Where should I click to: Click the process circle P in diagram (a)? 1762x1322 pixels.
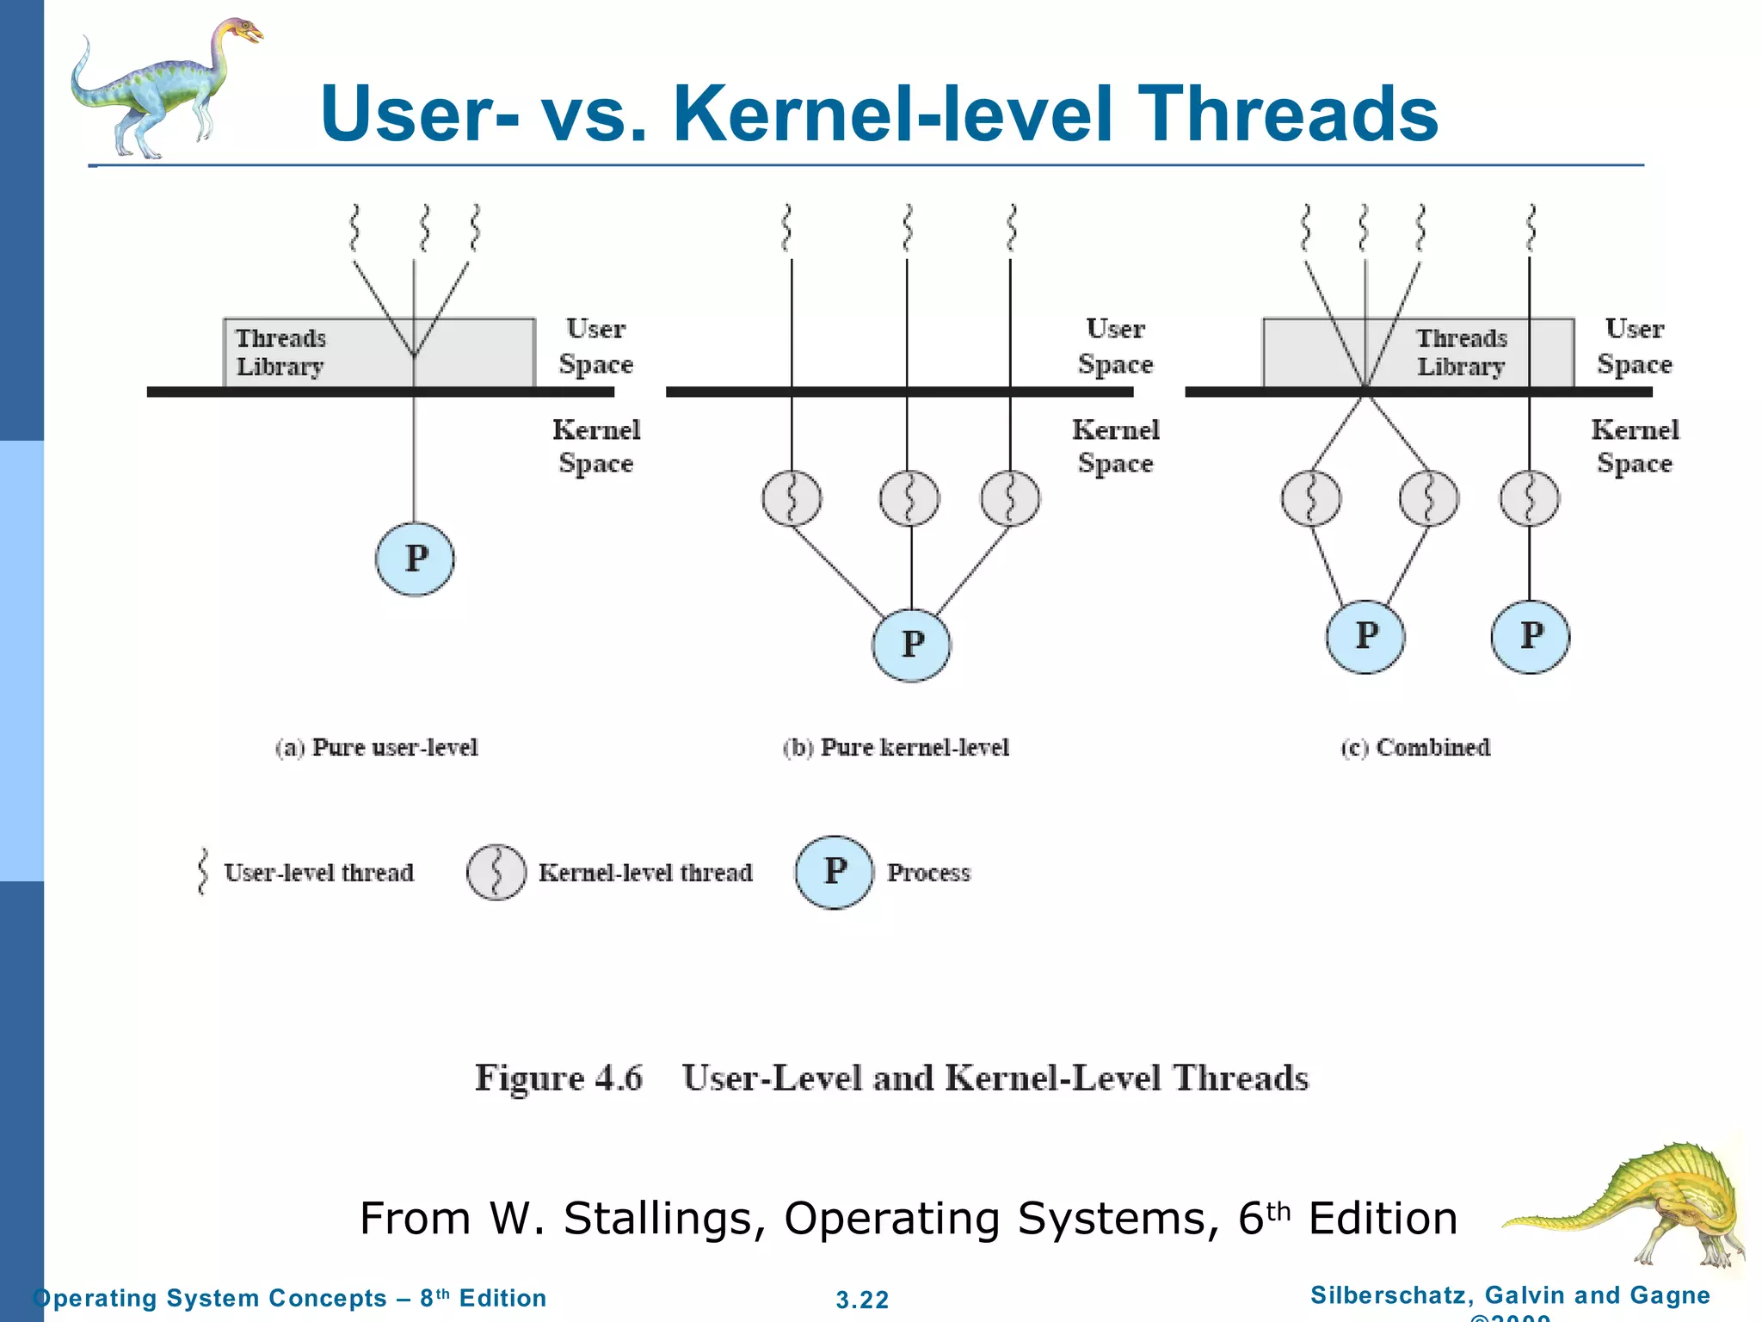click(415, 559)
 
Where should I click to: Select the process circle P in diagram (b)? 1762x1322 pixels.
click(911, 645)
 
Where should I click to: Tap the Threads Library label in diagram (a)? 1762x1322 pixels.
click(280, 352)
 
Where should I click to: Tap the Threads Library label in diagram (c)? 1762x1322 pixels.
click(1461, 352)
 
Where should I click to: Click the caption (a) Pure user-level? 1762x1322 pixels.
click(377, 747)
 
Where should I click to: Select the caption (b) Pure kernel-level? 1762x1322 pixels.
click(896, 747)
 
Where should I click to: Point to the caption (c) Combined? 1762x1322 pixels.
click(1415, 747)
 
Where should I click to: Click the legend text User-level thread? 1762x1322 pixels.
click(318, 873)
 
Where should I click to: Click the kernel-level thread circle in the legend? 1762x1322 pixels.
click(496, 872)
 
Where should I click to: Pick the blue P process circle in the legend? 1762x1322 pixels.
click(834, 872)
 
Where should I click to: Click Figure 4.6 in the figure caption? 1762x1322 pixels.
click(558, 1078)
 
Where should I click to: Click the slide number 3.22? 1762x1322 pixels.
click(862, 1300)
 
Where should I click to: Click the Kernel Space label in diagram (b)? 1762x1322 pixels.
click(1115, 446)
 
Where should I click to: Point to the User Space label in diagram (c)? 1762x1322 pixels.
click(1634, 346)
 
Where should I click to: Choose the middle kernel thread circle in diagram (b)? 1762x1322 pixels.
click(909, 498)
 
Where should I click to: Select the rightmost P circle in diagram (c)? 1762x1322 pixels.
click(1530, 636)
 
